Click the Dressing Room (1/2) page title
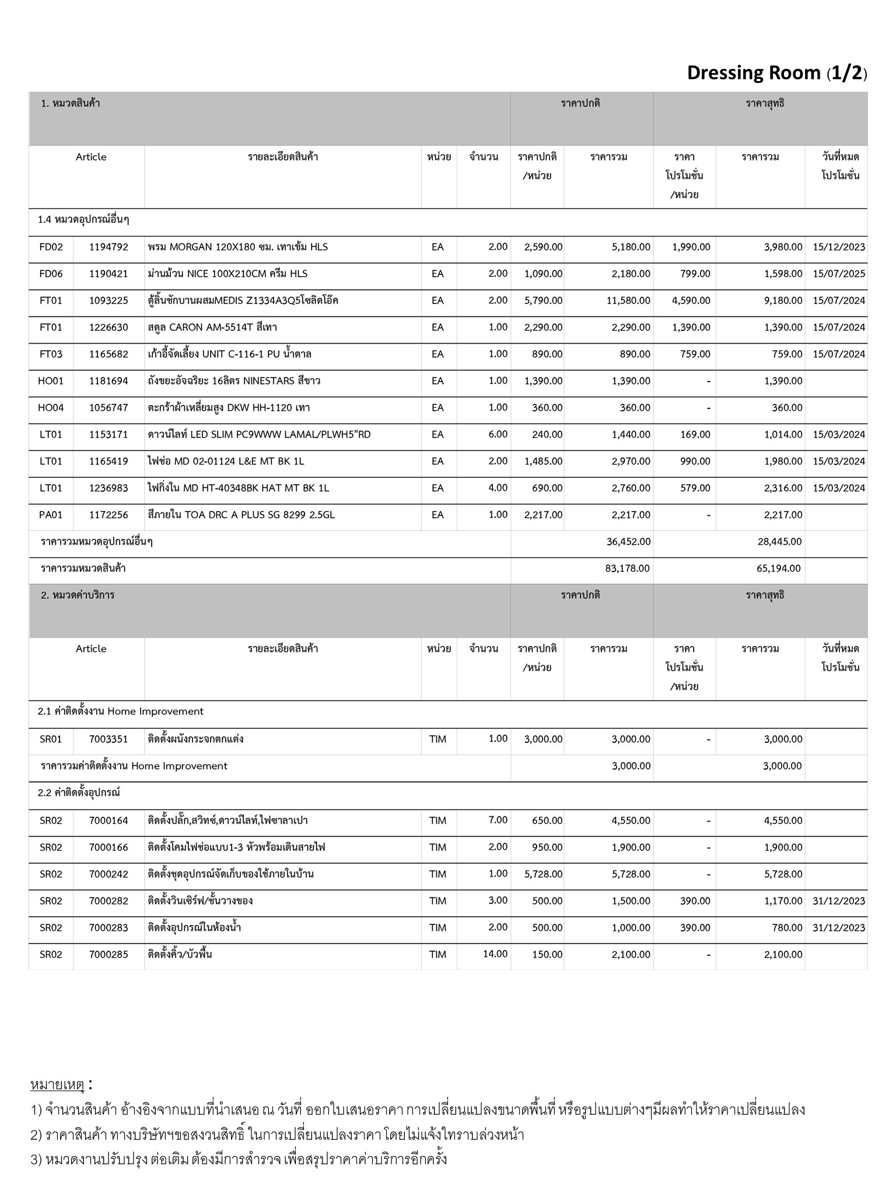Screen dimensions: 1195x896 click(776, 73)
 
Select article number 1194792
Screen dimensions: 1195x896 click(108, 247)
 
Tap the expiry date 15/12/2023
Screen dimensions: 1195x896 click(838, 247)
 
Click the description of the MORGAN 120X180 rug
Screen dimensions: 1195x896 click(238, 247)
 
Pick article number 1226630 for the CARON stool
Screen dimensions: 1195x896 click(108, 327)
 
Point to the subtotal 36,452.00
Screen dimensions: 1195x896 click(628, 541)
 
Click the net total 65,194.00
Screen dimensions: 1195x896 click(778, 568)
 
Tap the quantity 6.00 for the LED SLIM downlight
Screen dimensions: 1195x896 click(498, 434)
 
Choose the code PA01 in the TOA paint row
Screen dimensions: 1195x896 click(51, 515)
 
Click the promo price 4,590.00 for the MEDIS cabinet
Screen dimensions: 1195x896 click(691, 301)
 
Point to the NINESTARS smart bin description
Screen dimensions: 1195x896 click(234, 381)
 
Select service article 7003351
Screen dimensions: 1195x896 click(108, 739)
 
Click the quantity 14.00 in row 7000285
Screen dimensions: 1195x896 click(495, 954)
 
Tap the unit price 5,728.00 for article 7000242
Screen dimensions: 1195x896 click(543, 874)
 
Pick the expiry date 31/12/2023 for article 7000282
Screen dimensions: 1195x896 click(838, 901)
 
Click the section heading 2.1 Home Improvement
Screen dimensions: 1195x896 click(121, 712)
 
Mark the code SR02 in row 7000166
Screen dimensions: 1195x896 click(51, 847)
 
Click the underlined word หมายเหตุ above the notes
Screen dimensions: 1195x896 click(57, 1085)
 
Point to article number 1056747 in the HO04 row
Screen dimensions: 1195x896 click(108, 408)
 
